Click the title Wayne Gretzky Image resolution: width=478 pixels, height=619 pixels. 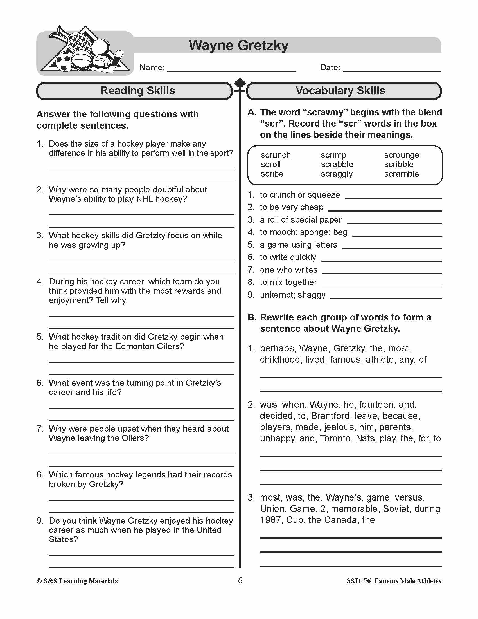click(238, 45)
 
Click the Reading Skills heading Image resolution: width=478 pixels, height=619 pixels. click(137, 91)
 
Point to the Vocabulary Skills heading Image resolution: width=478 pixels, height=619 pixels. click(340, 91)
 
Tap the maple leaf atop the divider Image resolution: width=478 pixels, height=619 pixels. click(240, 82)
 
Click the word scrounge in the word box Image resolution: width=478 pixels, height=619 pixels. click(401, 155)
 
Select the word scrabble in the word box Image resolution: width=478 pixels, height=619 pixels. click(337, 164)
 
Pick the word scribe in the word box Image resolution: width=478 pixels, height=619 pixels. click(272, 174)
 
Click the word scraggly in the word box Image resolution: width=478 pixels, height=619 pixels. click(337, 174)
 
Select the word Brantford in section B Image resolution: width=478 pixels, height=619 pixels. click(330, 416)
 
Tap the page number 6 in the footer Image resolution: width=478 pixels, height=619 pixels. click(240, 580)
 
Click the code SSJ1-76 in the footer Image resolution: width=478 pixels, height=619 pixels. click(358, 581)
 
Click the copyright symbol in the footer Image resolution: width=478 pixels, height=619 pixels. click(39, 581)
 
